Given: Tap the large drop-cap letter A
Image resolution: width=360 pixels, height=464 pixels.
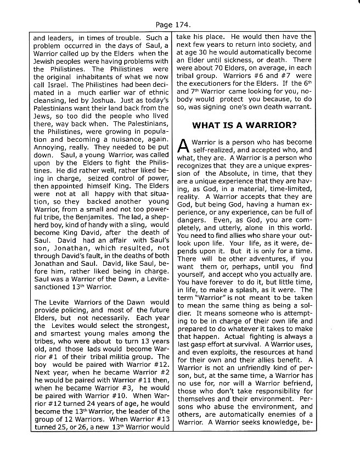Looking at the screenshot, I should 185,146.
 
